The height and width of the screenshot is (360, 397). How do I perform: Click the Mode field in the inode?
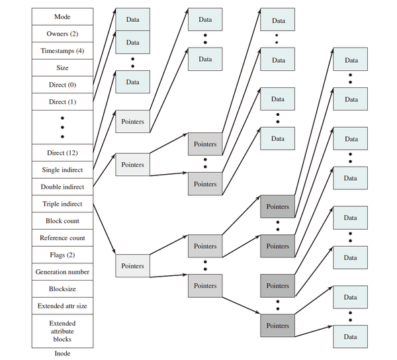click(x=62, y=17)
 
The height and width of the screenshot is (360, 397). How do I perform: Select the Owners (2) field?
click(x=62, y=34)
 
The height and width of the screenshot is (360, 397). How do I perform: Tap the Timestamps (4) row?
click(x=62, y=51)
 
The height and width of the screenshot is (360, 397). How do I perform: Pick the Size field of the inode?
click(x=62, y=67)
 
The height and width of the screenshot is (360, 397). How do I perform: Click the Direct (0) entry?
click(x=62, y=85)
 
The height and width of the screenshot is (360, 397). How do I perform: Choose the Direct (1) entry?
click(x=62, y=102)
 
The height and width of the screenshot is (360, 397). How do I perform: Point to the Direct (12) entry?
click(x=62, y=153)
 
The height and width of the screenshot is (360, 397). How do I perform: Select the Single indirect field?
click(x=62, y=170)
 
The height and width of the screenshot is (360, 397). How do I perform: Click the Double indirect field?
click(x=62, y=187)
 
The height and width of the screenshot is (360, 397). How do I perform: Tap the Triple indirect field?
click(x=62, y=204)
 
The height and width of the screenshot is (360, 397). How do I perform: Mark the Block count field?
click(x=62, y=221)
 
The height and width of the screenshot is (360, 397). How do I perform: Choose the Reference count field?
click(x=62, y=238)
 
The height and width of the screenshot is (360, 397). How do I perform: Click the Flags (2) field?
click(x=62, y=255)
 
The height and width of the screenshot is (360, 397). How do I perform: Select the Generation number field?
click(x=62, y=272)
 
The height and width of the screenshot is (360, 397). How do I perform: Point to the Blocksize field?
click(x=62, y=289)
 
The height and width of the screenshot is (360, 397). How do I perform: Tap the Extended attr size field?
click(x=62, y=306)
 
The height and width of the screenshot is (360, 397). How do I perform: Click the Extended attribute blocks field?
click(x=62, y=331)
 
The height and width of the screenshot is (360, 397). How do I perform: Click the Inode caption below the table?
click(x=62, y=353)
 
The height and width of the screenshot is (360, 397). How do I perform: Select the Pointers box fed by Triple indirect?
click(x=133, y=266)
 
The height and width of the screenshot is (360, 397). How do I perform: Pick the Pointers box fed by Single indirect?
click(x=133, y=122)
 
